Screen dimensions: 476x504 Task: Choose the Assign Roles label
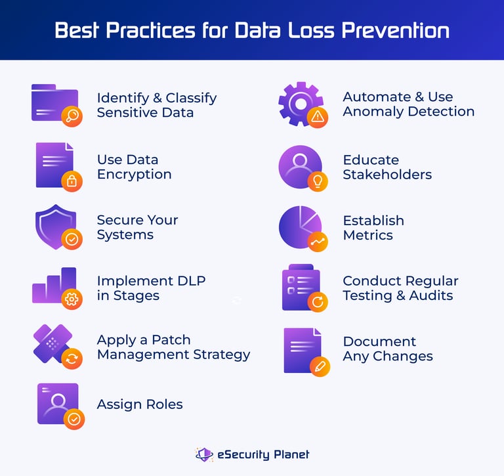140,404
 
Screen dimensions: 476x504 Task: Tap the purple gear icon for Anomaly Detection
299,102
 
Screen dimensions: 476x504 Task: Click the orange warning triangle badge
318,118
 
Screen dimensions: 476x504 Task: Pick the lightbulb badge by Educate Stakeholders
318,181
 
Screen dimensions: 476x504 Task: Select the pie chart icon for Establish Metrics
299,227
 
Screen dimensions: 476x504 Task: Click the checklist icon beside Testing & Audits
299,288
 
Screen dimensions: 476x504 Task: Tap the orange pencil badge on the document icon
319,366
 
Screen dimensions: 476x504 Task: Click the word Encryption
134,174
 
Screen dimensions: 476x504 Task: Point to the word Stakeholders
387,174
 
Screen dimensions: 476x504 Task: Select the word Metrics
367,235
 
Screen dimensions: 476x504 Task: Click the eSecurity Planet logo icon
204,454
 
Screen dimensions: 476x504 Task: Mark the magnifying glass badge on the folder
72,117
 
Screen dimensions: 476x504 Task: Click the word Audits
430,295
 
